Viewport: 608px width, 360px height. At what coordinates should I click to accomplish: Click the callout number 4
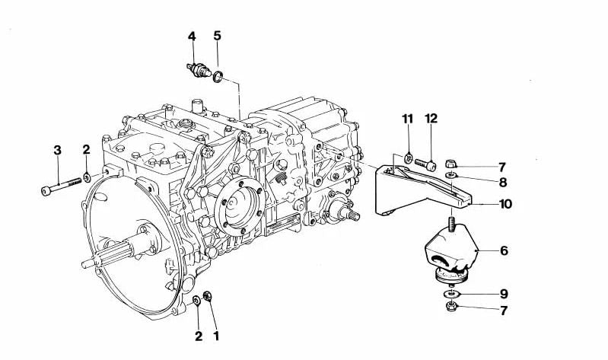tap(192, 36)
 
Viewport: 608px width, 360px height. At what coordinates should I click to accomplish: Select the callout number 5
tap(217, 36)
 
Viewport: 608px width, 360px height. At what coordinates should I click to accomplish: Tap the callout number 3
tap(57, 150)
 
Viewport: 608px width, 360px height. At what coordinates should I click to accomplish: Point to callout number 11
tap(407, 119)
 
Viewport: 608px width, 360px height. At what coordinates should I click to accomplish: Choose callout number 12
tap(431, 118)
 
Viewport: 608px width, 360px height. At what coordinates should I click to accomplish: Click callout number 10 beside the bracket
tap(505, 204)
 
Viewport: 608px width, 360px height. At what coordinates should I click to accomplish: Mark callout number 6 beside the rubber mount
tap(504, 250)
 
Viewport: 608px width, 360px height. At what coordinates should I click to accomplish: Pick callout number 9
tap(504, 294)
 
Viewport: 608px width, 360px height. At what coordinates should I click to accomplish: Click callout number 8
tap(503, 182)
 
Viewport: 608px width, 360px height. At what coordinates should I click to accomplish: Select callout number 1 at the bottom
tap(216, 336)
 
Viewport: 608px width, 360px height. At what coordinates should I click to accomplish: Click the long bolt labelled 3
tap(62, 186)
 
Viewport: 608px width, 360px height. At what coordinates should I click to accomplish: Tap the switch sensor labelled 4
tap(199, 69)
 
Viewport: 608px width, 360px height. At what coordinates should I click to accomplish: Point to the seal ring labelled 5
tap(218, 76)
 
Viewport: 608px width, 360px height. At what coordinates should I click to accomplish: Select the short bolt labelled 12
tap(425, 164)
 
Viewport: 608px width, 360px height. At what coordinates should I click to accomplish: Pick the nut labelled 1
tap(208, 296)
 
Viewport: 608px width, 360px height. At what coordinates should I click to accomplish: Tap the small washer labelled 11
tap(408, 158)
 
